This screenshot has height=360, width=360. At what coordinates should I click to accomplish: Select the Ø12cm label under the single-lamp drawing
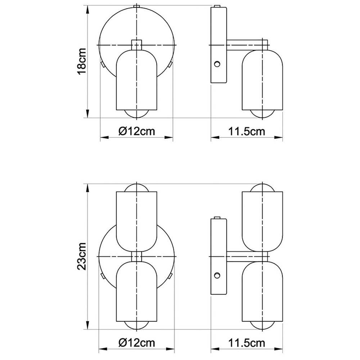pos(136,131)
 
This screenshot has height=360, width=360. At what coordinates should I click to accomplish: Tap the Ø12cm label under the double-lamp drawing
pos(136,342)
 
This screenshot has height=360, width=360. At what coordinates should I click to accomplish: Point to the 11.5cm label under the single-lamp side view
pos(247,131)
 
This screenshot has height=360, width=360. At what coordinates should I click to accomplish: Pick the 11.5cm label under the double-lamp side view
pos(247,342)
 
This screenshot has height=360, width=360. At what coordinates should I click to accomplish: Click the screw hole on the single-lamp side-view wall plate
pos(217,64)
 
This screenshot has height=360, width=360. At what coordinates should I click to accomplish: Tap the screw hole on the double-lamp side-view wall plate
pos(217,276)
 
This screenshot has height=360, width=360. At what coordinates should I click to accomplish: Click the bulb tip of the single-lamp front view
pos(136,113)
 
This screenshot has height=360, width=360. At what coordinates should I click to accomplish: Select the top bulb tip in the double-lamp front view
pos(136,188)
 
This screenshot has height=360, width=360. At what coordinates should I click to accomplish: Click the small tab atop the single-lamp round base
pos(136,6)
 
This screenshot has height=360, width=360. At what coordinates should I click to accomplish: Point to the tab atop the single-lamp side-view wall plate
pos(217,6)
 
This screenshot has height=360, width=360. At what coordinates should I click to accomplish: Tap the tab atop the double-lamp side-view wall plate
pos(217,217)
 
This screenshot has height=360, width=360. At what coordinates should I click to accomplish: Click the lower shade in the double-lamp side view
pos(262,292)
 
